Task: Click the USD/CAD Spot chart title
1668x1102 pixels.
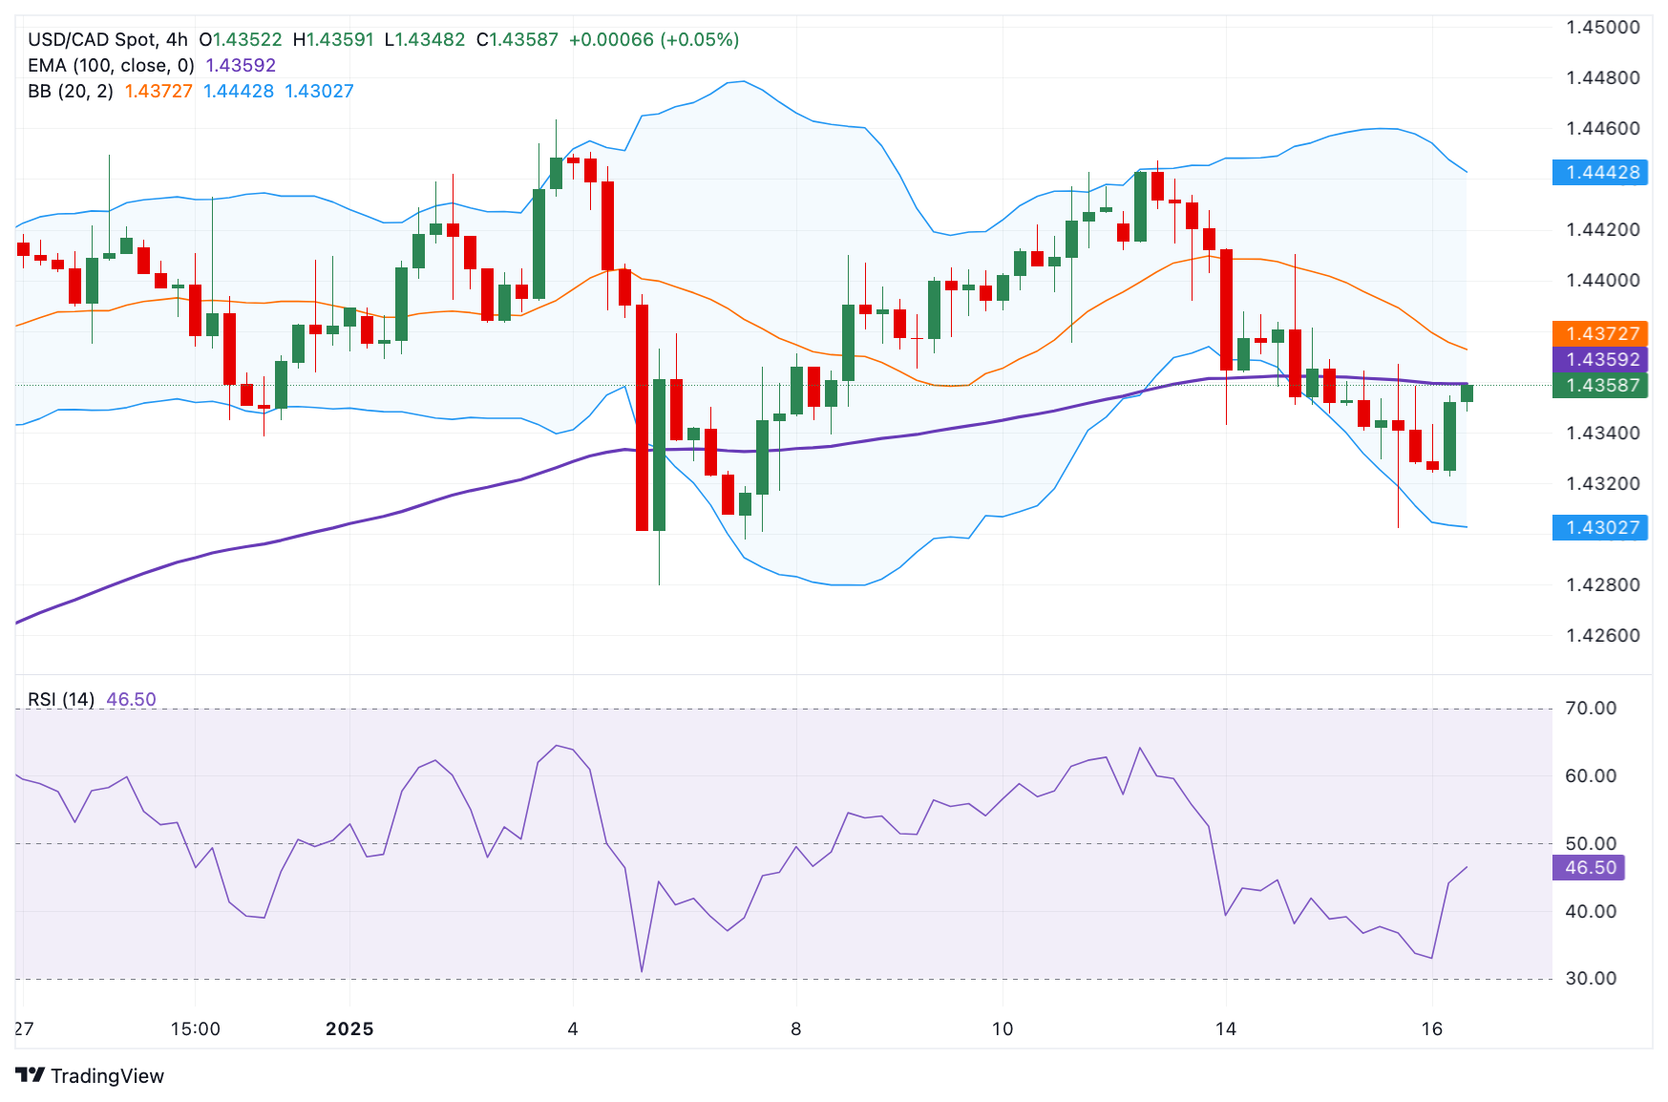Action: click(x=107, y=39)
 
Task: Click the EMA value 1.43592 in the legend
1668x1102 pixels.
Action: click(x=241, y=65)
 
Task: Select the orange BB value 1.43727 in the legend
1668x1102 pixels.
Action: click(x=158, y=91)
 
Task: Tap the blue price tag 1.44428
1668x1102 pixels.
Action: click(x=1602, y=173)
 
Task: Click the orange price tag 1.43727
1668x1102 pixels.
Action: click(x=1602, y=334)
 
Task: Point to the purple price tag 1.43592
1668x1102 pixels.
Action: click(x=1602, y=360)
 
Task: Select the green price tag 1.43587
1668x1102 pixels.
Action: click(x=1602, y=386)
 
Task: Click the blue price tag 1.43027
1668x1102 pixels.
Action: click(x=1602, y=528)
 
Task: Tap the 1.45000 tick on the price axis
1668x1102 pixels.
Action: click(x=1602, y=27)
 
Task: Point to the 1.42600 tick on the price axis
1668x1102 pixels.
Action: click(x=1602, y=636)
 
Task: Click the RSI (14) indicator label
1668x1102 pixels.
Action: click(x=61, y=699)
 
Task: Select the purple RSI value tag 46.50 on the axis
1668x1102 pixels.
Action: click(x=1590, y=868)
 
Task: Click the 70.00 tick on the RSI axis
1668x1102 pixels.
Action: click(x=1590, y=709)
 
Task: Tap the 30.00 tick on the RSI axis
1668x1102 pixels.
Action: click(x=1590, y=979)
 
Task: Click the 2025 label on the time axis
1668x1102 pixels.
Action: click(x=349, y=1029)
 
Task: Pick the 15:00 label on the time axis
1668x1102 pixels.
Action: click(x=195, y=1029)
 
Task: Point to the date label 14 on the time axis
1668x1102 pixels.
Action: click(x=1226, y=1029)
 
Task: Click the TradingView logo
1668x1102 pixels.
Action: click(x=91, y=1076)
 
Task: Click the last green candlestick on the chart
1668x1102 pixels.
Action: click(x=1467, y=392)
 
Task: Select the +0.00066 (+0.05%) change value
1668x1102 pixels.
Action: click(x=654, y=39)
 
